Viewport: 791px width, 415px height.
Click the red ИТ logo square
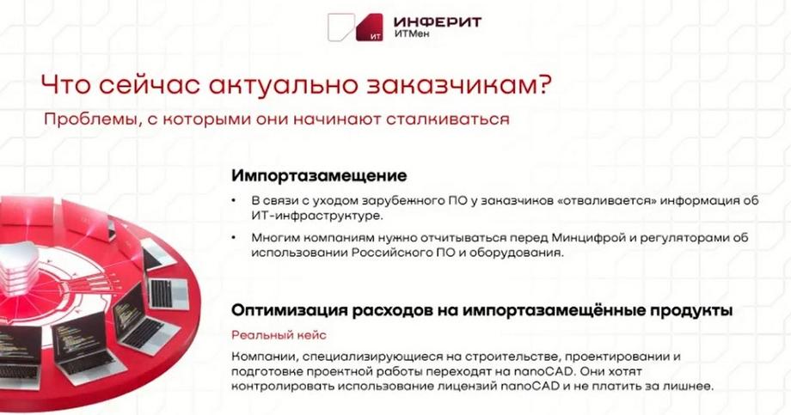pyautogui.click(x=369, y=27)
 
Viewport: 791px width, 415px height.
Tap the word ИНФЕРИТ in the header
pyautogui.click(x=438, y=22)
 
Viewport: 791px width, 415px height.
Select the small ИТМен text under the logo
pyautogui.click(x=412, y=34)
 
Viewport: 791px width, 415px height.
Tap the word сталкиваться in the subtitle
pyautogui.click(x=447, y=120)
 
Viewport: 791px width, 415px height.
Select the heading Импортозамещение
pyautogui.click(x=319, y=175)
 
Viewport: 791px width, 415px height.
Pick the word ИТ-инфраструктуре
pyautogui.click(x=317, y=216)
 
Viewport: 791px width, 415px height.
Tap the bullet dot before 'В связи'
pyautogui.click(x=234, y=201)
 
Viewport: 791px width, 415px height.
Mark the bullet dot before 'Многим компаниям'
pyautogui.click(x=234, y=237)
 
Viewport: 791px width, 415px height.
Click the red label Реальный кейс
pyautogui.click(x=279, y=335)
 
